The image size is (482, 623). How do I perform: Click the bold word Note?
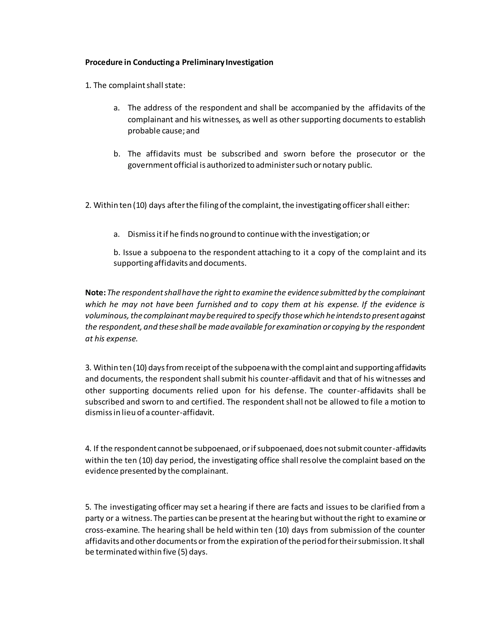click(x=95, y=293)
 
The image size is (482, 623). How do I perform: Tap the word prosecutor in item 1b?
click(x=376, y=154)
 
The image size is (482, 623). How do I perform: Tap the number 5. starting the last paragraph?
click(x=88, y=507)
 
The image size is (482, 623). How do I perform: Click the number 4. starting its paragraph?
click(x=88, y=449)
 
